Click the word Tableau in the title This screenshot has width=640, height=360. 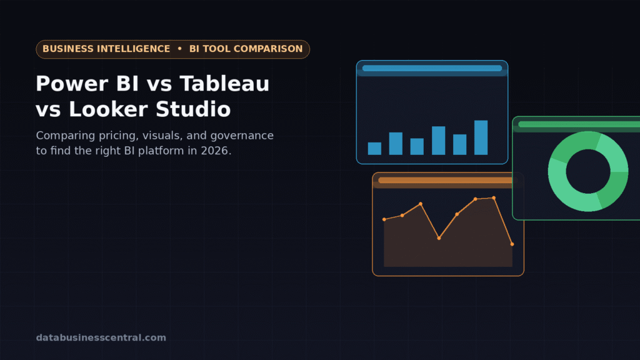224,84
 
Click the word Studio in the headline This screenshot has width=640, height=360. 193,109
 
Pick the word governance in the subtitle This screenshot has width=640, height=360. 242,136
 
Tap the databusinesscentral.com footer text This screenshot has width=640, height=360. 101,337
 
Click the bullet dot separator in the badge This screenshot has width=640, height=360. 179,49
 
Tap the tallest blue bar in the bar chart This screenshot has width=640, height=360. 481,137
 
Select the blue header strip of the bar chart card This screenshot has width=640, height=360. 432,68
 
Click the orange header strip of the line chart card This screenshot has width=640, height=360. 445,181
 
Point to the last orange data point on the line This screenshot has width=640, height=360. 512,244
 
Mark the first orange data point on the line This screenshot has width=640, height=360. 384,219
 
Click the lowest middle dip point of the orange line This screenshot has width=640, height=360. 439,238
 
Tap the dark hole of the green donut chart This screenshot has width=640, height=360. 588,171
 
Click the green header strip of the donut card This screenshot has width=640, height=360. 579,124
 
